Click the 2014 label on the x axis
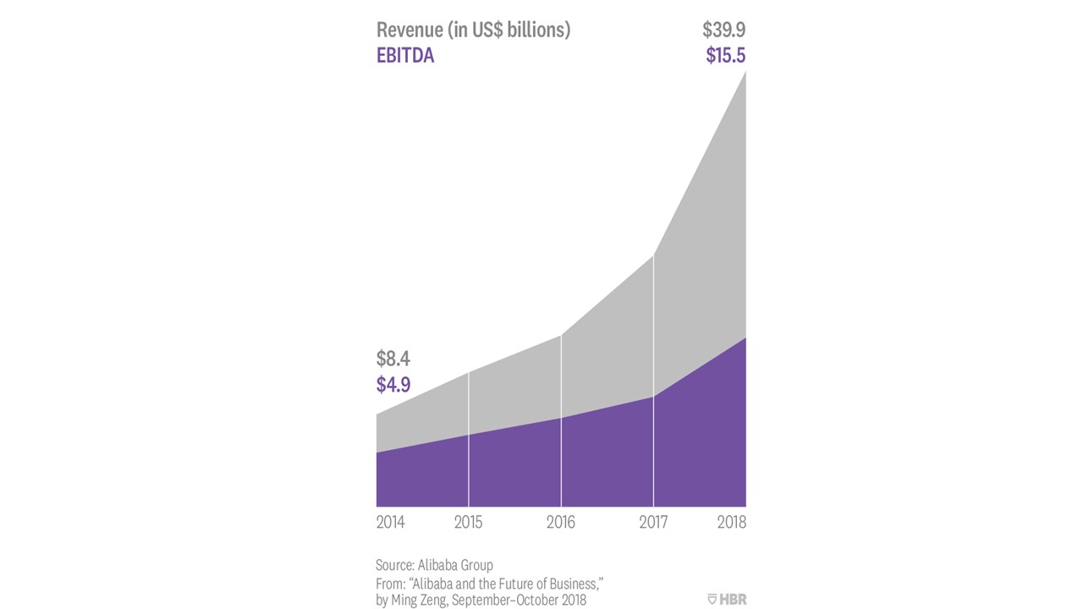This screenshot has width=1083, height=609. click(x=390, y=523)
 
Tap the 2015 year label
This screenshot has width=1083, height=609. click(x=468, y=523)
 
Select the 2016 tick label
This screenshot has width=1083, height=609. click(x=561, y=523)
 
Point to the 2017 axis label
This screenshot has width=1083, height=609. click(x=653, y=523)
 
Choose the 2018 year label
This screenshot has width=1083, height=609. click(x=731, y=523)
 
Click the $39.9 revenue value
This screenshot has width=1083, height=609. click(x=723, y=30)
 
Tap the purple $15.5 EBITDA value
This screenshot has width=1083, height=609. click(x=725, y=57)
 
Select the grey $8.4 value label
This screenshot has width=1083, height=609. click(x=393, y=359)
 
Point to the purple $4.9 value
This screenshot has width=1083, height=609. click(x=393, y=385)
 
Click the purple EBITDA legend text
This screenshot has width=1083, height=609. click(x=405, y=58)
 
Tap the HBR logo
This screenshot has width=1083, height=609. click(x=727, y=600)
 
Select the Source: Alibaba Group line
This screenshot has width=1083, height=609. click(x=434, y=565)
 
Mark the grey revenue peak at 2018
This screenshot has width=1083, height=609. click(x=745, y=74)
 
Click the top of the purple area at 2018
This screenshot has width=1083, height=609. click(x=745, y=338)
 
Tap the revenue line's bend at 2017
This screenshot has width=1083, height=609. click(x=653, y=255)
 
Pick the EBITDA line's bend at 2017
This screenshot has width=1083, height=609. click(x=653, y=397)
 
